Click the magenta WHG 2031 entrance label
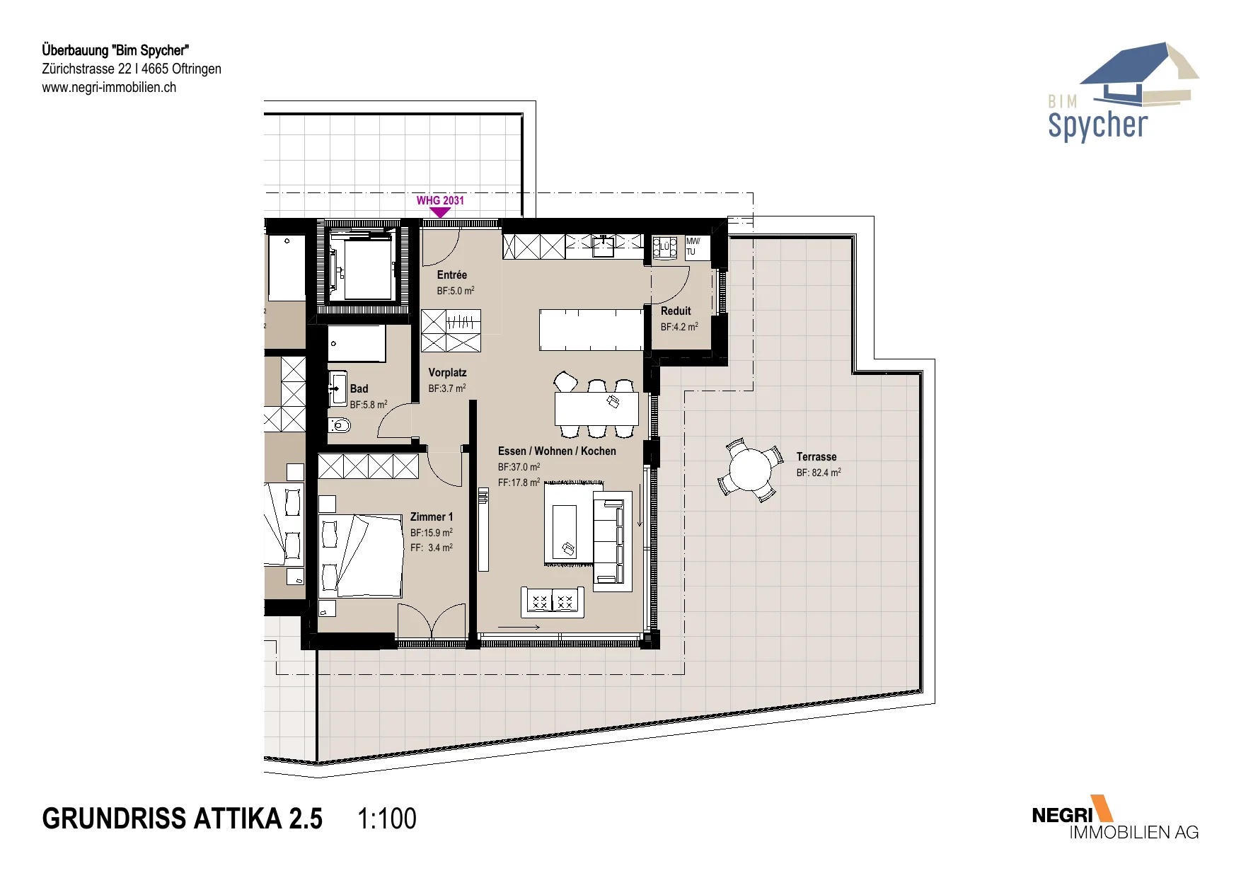pyautogui.click(x=440, y=200)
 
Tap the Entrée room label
pyautogui.click(x=452, y=275)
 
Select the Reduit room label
pyautogui.click(x=676, y=311)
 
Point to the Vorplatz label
pyautogui.click(x=447, y=372)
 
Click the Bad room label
pyautogui.click(x=359, y=388)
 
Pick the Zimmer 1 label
pyautogui.click(x=432, y=516)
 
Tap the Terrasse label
pyautogui.click(x=816, y=456)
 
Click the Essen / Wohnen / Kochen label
pyautogui.click(x=557, y=451)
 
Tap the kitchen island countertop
pyautogui.click(x=591, y=330)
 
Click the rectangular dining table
pyautogui.click(x=596, y=408)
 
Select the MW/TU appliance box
pyautogui.click(x=697, y=248)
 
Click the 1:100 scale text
pyautogui.click(x=387, y=819)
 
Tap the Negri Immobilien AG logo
pyautogui.click(x=1115, y=818)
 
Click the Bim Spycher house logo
pyautogui.click(x=1123, y=91)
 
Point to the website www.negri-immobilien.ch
pyautogui.click(x=109, y=87)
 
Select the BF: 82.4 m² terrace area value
pyautogui.click(x=819, y=472)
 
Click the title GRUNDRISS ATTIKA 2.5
pyautogui.click(x=183, y=819)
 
